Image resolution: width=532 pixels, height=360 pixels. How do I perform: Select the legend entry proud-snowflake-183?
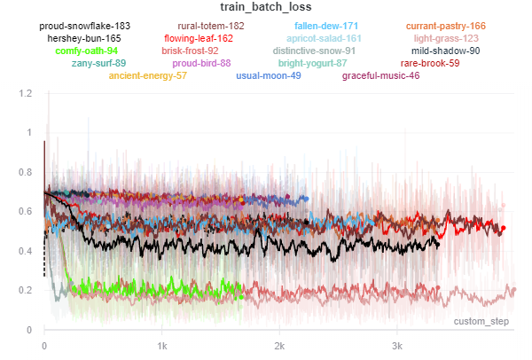click(x=85, y=27)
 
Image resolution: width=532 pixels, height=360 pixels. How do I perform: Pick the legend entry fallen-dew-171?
click(x=326, y=27)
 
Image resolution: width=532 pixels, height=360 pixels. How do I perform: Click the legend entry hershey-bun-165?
click(x=84, y=39)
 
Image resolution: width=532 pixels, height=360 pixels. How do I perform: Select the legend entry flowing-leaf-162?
click(x=199, y=39)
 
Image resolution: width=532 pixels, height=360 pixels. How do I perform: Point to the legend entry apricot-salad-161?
click(x=324, y=39)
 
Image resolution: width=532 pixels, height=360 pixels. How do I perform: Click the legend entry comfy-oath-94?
click(x=86, y=51)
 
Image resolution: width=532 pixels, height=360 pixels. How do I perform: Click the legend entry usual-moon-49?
click(x=269, y=76)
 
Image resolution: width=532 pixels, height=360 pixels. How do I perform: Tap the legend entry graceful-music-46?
click(x=381, y=76)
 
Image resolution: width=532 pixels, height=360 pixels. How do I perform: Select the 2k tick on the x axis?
click(x=279, y=344)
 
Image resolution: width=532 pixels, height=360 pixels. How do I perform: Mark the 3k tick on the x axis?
click(x=397, y=344)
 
